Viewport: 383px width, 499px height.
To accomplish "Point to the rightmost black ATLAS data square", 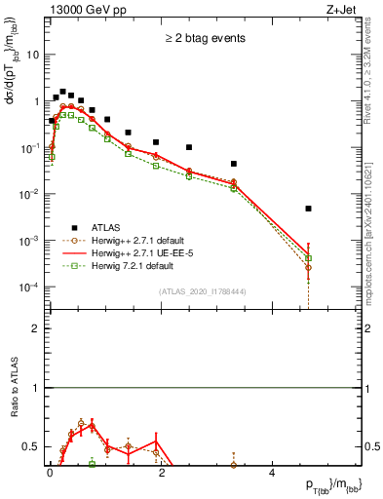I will coord(308,209).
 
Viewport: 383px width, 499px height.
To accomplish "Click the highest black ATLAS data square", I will coord(63,92).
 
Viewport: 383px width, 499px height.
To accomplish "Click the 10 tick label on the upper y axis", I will coord(31,55).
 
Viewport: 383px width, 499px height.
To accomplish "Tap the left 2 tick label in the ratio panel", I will coord(36,328).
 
